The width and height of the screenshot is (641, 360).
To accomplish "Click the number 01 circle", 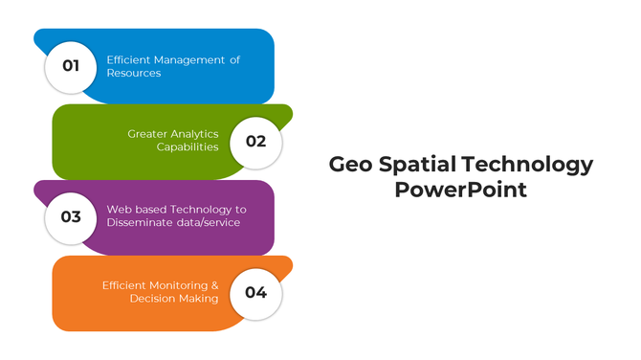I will (70, 66).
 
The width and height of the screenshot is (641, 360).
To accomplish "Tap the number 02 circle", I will (255, 141).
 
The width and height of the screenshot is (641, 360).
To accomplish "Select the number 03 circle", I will (70, 216).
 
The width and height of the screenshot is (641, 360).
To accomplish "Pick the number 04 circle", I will (255, 292).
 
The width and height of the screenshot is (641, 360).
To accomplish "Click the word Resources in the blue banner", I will (134, 73).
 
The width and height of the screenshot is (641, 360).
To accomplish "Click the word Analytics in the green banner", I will (195, 134).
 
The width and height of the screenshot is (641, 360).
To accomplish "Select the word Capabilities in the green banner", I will (188, 147).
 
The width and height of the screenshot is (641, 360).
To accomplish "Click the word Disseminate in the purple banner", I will (144, 223).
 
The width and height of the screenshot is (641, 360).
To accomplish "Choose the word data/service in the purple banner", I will (210, 223).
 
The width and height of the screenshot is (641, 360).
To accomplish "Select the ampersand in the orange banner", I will (215, 285).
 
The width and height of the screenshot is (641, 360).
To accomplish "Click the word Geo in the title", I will (349, 165).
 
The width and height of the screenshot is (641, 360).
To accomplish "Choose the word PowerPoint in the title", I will (460, 190).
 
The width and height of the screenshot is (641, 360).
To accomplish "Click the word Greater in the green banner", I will (147, 134).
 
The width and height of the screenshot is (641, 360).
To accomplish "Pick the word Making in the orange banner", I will (198, 299).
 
